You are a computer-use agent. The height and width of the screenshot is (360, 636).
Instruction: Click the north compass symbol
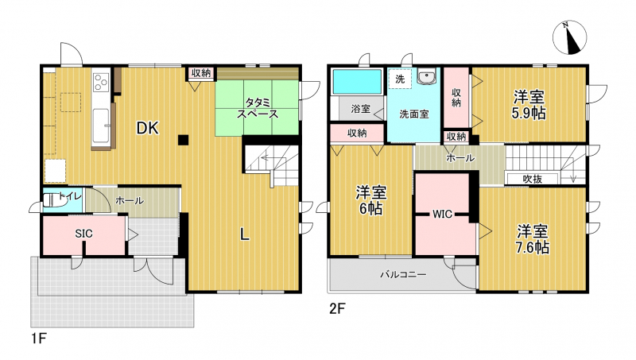[569, 37]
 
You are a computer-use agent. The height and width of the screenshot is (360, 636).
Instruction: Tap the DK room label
[147, 128]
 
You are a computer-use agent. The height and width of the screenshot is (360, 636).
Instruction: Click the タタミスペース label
[258, 108]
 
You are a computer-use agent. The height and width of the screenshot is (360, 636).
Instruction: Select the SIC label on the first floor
[84, 234]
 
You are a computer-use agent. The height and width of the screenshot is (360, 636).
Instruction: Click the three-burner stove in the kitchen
[101, 83]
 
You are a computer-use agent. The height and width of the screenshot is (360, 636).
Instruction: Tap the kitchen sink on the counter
[101, 126]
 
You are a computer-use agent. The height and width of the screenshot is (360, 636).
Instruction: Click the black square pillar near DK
[183, 140]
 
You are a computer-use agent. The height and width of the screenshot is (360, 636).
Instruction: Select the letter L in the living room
[244, 234]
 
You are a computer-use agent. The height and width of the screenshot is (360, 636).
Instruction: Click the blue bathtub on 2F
[357, 82]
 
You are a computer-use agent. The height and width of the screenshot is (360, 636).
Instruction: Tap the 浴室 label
[361, 109]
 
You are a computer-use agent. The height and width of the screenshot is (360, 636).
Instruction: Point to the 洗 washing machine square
[400, 79]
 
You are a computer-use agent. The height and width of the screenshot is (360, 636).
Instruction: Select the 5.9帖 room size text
[529, 113]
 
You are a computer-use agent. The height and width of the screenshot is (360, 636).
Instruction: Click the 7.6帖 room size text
[533, 247]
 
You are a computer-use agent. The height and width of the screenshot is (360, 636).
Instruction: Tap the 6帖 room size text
[370, 209]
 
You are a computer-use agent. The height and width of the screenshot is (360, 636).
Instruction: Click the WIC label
[442, 214]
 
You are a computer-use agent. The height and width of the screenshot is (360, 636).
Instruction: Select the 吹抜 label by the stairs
[533, 179]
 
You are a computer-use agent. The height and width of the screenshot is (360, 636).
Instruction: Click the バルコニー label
[403, 275]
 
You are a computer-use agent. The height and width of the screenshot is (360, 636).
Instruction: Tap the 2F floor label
[337, 309]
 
